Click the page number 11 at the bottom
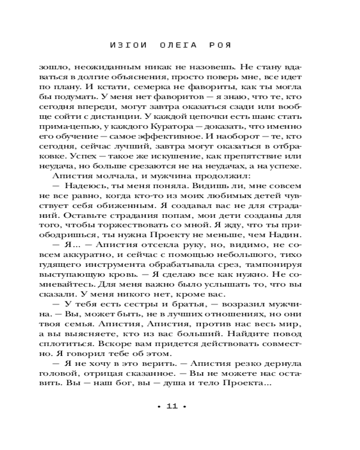pyautogui.click(x=172, y=406)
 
